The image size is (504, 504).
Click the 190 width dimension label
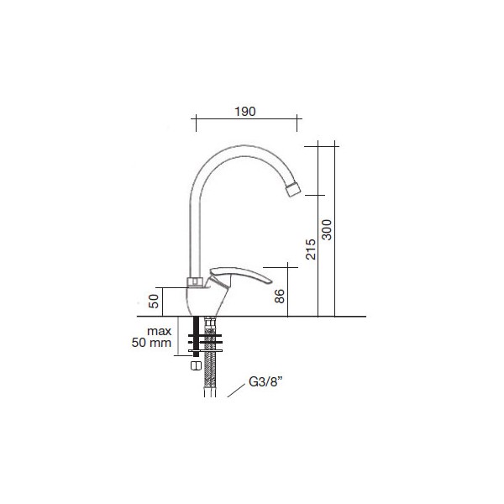[x=245, y=112]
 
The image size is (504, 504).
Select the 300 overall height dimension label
[x=327, y=230]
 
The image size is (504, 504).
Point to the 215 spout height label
[x=311, y=249]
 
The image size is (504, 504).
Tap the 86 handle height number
[x=280, y=296]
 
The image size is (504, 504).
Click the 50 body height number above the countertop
[x=154, y=302]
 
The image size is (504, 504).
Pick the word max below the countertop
[x=159, y=331]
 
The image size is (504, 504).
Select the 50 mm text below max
[x=151, y=343]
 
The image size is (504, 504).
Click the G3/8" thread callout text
[x=265, y=382]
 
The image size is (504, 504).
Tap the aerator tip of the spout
[x=293, y=188]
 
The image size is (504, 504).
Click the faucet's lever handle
[x=239, y=276]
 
